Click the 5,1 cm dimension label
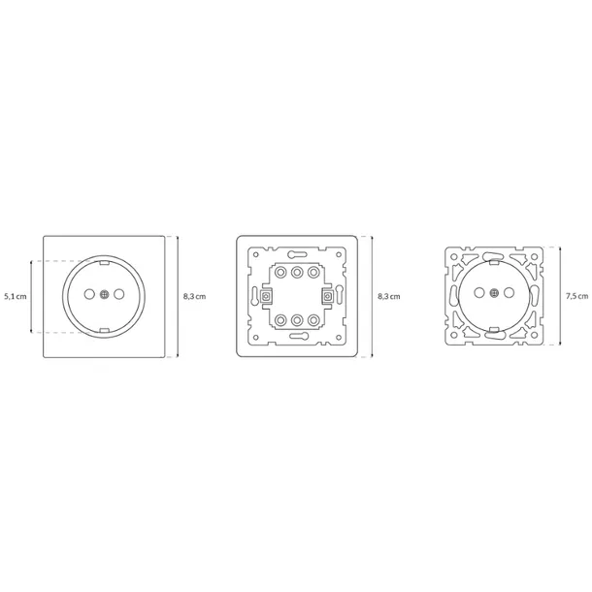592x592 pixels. click(16, 295)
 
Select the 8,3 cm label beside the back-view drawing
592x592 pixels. click(388, 295)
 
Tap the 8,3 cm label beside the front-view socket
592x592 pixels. click(195, 295)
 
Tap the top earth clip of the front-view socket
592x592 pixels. click(104, 261)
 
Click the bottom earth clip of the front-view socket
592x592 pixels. click(104, 329)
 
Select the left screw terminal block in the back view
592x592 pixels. click(266, 295)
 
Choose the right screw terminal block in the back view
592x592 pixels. click(327, 295)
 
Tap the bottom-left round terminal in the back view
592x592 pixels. click(280, 319)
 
